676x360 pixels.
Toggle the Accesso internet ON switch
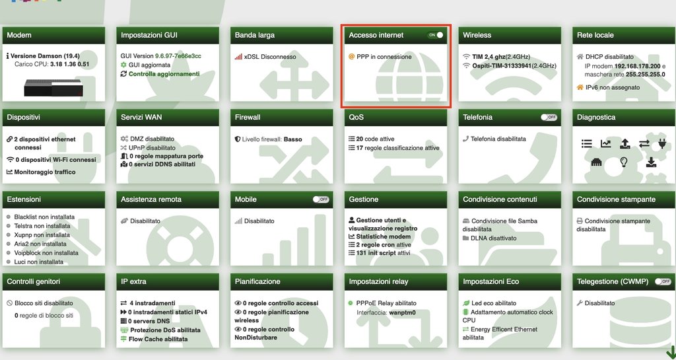[x=435, y=35]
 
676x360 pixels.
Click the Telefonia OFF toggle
[x=549, y=118]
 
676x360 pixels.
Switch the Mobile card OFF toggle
[x=321, y=199]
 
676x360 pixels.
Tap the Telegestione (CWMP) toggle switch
[x=663, y=281]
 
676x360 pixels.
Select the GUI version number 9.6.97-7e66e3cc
[x=178, y=56]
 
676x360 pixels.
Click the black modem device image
[x=53, y=88]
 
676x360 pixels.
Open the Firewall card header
[x=281, y=118]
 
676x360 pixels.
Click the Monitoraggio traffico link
[x=45, y=172]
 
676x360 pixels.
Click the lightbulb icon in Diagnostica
[x=623, y=162]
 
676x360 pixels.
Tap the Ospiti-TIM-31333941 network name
[x=502, y=65]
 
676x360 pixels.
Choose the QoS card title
[x=356, y=118]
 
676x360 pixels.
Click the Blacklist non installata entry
[x=44, y=217]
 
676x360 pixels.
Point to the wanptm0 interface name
[x=402, y=312]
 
